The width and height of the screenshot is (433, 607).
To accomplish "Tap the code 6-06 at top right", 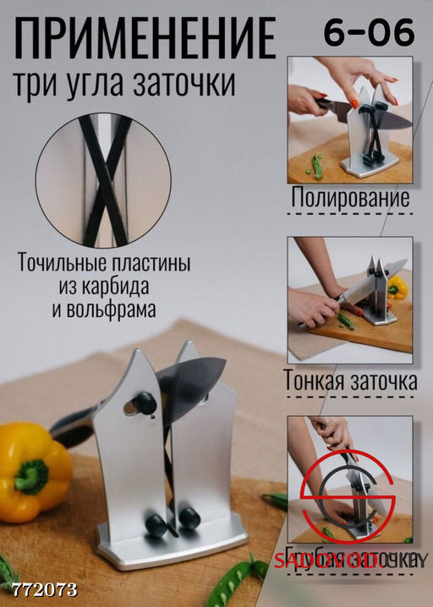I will click(369, 33).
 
